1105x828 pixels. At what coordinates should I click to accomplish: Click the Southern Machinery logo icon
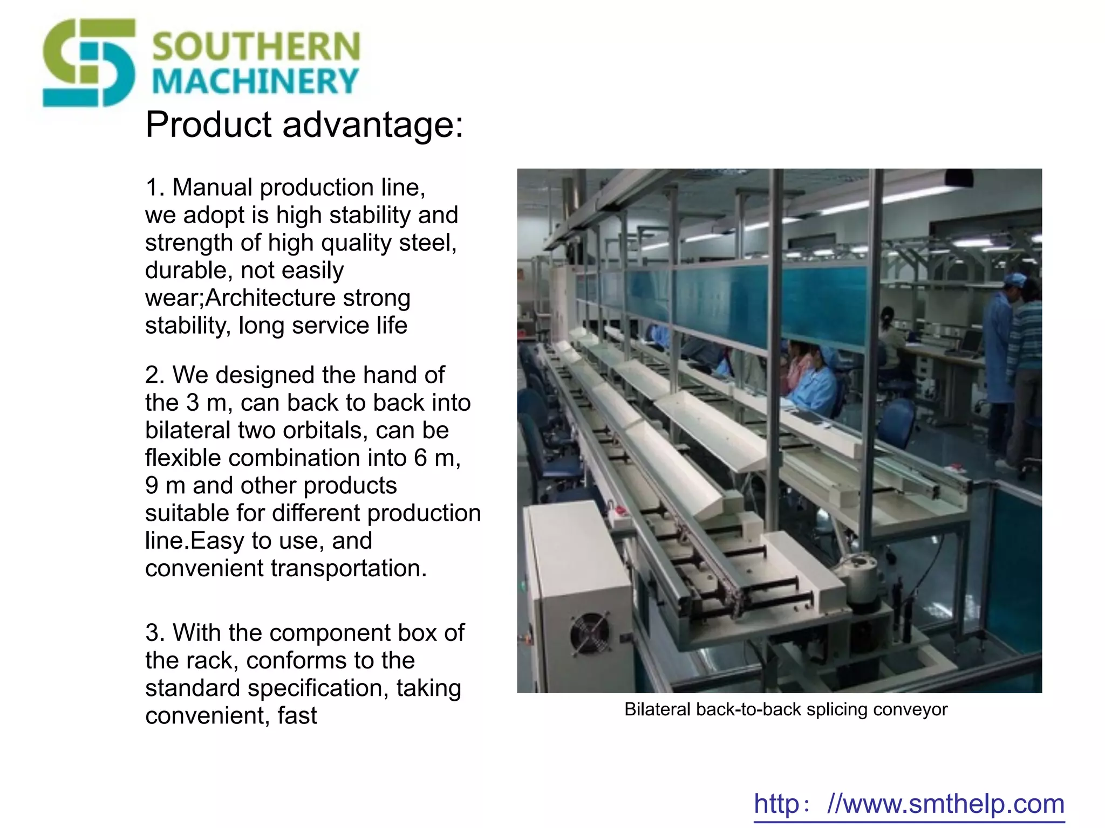pyautogui.click(x=89, y=63)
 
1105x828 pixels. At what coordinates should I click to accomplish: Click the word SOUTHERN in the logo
pyautogui.click(x=256, y=46)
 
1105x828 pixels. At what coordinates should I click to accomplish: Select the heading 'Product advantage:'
pyautogui.click(x=304, y=125)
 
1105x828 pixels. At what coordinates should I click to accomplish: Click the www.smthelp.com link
pyautogui.click(x=909, y=804)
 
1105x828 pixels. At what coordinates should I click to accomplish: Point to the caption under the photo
pyautogui.click(x=786, y=709)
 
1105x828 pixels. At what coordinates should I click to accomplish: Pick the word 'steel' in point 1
pyautogui.click(x=426, y=243)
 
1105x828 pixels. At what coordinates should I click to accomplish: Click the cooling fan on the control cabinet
pyautogui.click(x=590, y=634)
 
